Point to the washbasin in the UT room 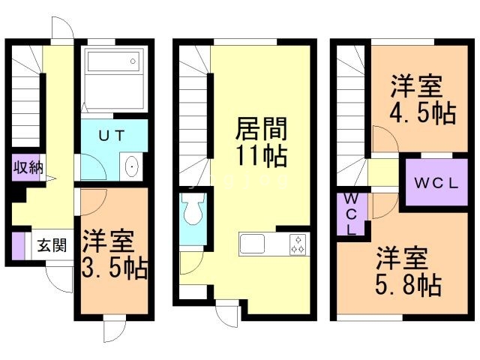click(x=130, y=166)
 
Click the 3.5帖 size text click(x=115, y=267)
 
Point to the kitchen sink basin click(x=253, y=244)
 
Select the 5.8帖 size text click(x=408, y=284)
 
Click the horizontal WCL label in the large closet click(x=430, y=182)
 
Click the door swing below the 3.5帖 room click(x=112, y=331)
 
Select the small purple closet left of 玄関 click(x=18, y=246)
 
